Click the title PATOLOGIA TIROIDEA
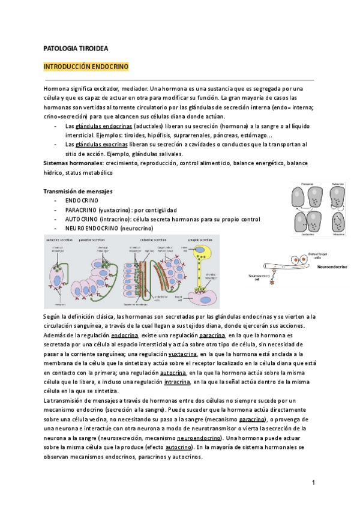click(x=76, y=48)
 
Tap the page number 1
click(x=313, y=483)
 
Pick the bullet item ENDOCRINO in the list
click(x=82, y=200)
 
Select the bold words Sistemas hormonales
click(x=73, y=163)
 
